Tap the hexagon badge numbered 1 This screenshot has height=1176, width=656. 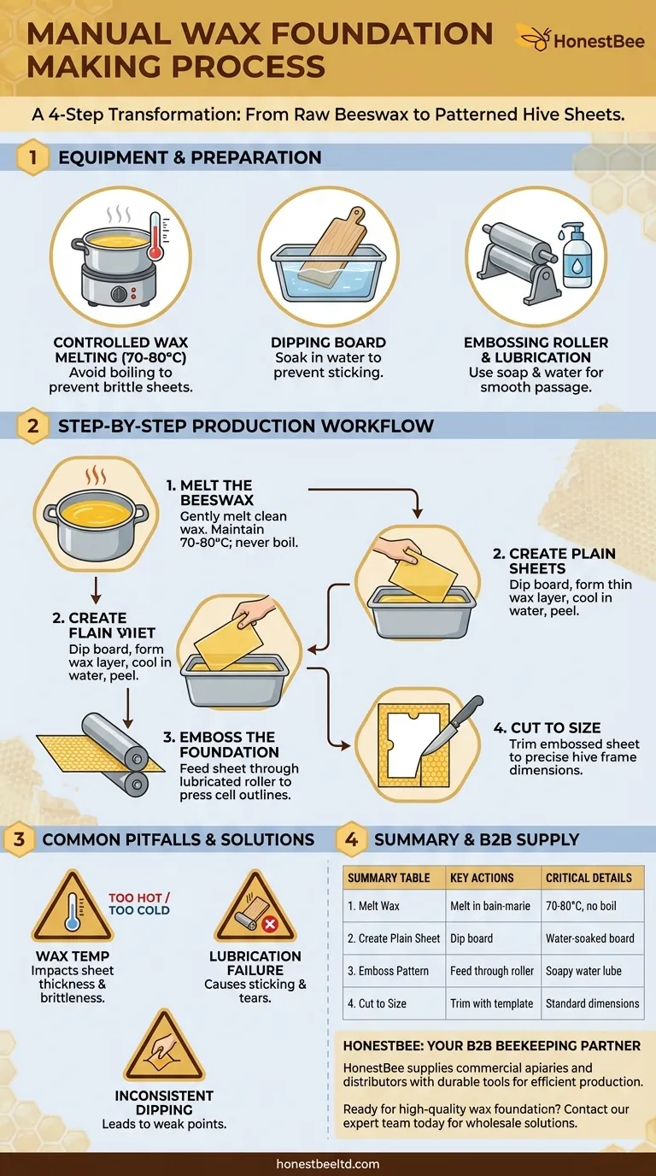pyautogui.click(x=32, y=158)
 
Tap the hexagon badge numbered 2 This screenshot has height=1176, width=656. pyautogui.click(x=32, y=426)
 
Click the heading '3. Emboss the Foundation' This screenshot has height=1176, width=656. pyautogui.click(x=229, y=744)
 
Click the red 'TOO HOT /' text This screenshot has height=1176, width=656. pyautogui.click(x=139, y=898)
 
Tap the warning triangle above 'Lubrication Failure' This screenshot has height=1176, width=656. pyautogui.click(x=255, y=908)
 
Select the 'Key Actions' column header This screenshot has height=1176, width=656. pyautogui.click(x=482, y=878)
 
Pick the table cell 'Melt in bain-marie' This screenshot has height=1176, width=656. pyautogui.click(x=490, y=906)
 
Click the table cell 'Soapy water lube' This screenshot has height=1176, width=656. pyautogui.click(x=583, y=971)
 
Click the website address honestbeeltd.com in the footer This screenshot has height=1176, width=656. pyautogui.click(x=328, y=1164)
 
